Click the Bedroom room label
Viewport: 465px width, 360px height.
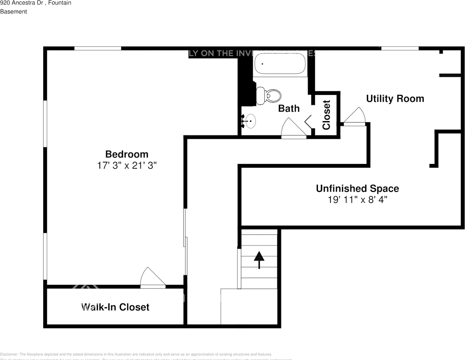[x=126, y=154]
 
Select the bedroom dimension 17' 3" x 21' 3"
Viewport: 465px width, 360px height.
[x=126, y=165]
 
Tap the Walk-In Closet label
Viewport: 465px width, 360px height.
[x=115, y=307]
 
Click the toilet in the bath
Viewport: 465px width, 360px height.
[x=269, y=96]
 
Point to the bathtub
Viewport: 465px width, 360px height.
[x=280, y=64]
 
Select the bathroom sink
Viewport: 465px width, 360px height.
[x=250, y=121]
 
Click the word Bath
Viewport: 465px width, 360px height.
[x=289, y=108]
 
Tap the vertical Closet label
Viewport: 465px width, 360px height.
[x=326, y=115]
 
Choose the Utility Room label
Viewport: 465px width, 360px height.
[x=395, y=99]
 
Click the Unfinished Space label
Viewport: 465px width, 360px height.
[x=357, y=188]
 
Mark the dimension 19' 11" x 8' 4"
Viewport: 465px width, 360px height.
[x=357, y=199]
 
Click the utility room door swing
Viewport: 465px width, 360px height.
[x=355, y=116]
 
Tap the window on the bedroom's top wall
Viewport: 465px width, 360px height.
[x=98, y=48]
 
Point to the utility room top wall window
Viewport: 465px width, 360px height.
[x=400, y=48]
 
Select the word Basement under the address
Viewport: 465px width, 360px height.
[x=14, y=12]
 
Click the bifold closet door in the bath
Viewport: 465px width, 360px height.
[x=308, y=121]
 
